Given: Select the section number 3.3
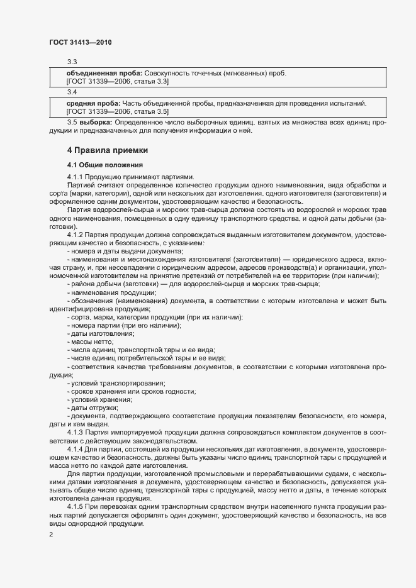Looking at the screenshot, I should point(72,62).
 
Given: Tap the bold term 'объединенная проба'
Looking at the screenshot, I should point(104,73).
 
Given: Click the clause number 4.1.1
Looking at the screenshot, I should point(75,177).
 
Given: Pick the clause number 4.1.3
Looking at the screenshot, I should point(75,432).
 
